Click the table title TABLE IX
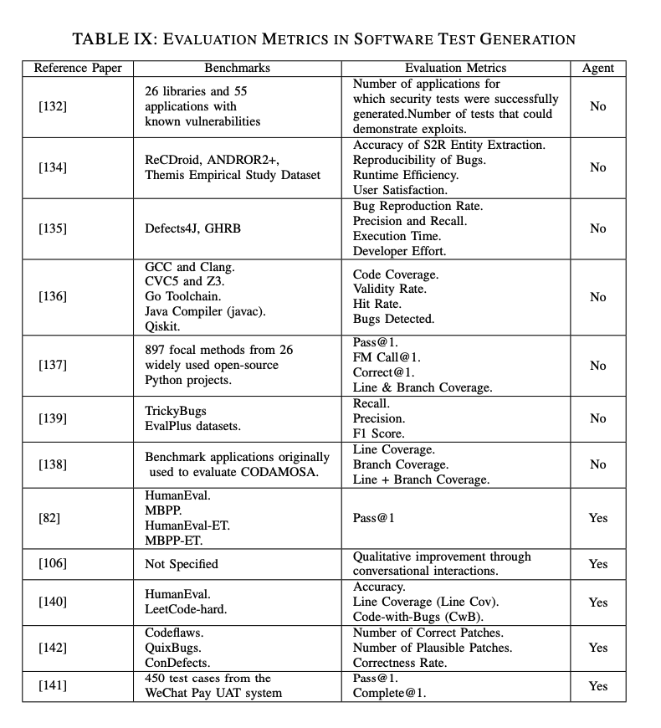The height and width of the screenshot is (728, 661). [x=324, y=39]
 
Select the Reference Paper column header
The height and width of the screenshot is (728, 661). [x=77, y=68]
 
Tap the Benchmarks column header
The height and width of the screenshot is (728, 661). [x=237, y=68]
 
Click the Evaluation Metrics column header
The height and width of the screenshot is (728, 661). [x=455, y=68]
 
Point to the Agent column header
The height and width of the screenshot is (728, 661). [x=597, y=68]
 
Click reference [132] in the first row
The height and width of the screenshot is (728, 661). [x=53, y=106]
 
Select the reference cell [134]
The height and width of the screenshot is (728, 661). [x=53, y=167]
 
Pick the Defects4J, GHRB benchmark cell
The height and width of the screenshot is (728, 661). [x=195, y=228]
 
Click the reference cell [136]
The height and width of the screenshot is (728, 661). [x=53, y=297]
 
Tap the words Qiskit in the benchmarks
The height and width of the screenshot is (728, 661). [x=162, y=327]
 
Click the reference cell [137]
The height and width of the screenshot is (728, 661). [x=53, y=366]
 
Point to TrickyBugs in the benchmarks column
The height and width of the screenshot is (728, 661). [x=175, y=411]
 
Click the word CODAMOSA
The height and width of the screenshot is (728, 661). [x=269, y=472]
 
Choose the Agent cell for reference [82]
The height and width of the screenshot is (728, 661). [x=597, y=518]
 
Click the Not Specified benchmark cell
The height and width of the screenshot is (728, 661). [x=182, y=564]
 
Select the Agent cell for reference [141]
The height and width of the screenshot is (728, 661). [x=597, y=686]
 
